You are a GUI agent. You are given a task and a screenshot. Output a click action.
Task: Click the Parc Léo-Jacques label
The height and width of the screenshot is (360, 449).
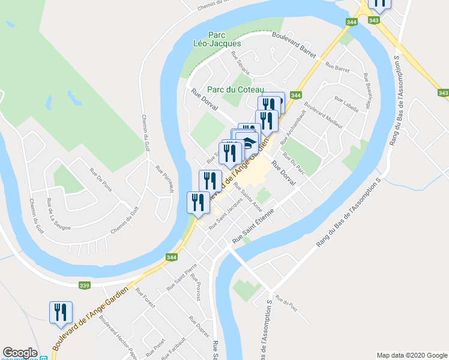point(217,39)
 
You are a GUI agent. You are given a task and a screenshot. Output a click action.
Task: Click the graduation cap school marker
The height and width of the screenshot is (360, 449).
point(247,142)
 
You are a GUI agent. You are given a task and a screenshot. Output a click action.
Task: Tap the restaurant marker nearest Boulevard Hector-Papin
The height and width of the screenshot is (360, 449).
point(61,312)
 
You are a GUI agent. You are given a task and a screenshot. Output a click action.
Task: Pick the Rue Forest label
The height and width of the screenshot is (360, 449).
point(145,298)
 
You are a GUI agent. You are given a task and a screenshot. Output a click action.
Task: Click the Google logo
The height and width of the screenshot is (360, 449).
point(20,353)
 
